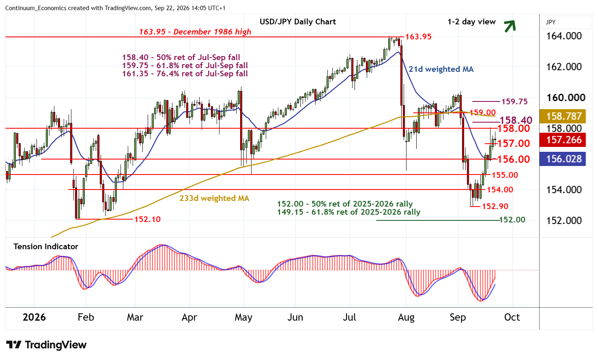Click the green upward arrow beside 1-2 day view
(x=510, y=26)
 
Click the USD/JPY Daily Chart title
(x=298, y=22)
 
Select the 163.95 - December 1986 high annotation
(x=195, y=32)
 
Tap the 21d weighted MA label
(x=441, y=69)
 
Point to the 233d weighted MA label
(x=214, y=198)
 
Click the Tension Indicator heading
(x=46, y=246)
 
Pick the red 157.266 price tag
(x=562, y=140)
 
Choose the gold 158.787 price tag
(x=562, y=116)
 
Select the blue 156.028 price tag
(x=562, y=159)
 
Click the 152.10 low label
(x=147, y=219)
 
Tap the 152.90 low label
(x=495, y=206)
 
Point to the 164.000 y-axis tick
(x=564, y=36)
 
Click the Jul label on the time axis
(x=349, y=317)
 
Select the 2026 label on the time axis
(x=34, y=317)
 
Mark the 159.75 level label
(x=514, y=101)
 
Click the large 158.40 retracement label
(x=516, y=120)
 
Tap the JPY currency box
(x=566, y=22)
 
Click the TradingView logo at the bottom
(x=46, y=345)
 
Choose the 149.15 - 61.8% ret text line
(x=348, y=212)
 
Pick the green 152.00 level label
(x=512, y=220)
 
